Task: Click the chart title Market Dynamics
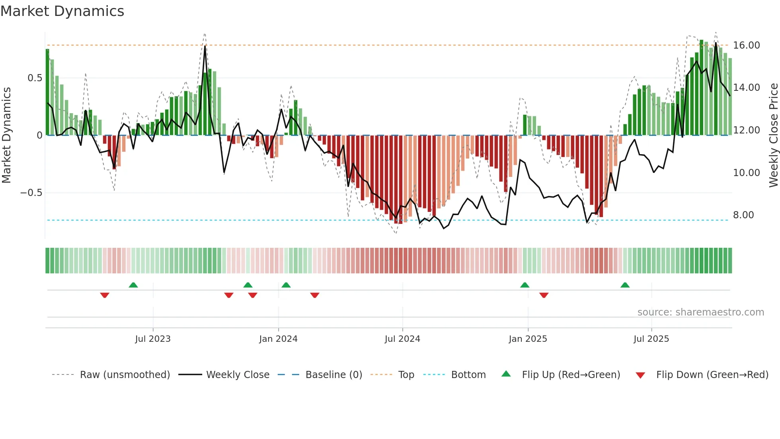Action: pos(62,11)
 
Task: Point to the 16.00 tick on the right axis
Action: pos(746,45)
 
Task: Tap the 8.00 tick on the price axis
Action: pos(743,215)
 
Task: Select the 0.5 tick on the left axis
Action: pos(35,78)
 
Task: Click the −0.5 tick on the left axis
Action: pos(31,193)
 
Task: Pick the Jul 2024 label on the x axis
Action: pos(402,339)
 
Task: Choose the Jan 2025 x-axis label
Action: pos(527,339)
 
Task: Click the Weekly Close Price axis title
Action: pos(773,135)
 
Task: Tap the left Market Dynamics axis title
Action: pos(6,135)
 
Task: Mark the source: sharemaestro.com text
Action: pos(700,312)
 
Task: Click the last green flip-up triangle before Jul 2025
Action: pos(625,285)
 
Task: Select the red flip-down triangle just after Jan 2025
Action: pos(544,295)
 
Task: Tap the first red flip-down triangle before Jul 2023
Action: pos(105,295)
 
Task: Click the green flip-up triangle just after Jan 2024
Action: pos(286,285)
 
